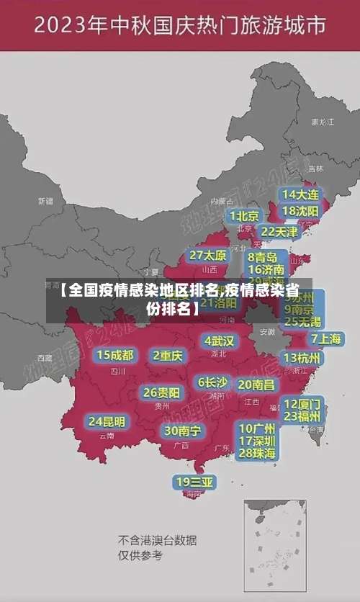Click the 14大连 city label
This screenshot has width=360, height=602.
click(300, 194)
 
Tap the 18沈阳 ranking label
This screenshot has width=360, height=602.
click(300, 210)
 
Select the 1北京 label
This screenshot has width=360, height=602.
click(245, 215)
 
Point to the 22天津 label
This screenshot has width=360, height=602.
click(279, 231)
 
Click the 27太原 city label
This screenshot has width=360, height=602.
click(208, 255)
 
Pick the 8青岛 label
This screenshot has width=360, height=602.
click(263, 256)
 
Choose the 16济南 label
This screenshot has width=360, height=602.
click(266, 269)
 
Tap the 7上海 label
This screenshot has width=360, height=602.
click(326, 338)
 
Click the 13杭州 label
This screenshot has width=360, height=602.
click(303, 357)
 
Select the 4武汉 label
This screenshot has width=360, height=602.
click(219, 340)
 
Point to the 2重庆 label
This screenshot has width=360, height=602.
click(168, 355)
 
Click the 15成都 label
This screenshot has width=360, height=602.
click(115, 354)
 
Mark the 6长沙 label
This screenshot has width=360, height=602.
click(212, 382)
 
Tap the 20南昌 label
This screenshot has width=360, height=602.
click(256, 385)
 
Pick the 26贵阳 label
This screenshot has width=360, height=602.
click(162, 392)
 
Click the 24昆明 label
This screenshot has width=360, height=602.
click(107, 421)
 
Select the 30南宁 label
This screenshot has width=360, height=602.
click(182, 430)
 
